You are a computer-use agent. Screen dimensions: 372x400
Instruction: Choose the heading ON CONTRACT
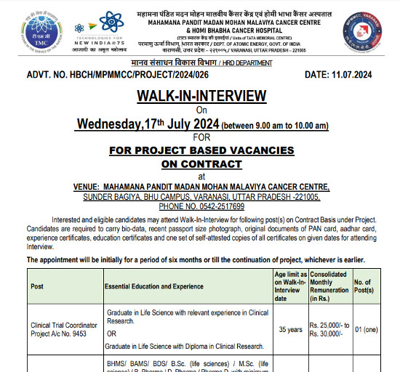tap(201, 163)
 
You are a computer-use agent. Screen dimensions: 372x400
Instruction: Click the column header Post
tap(37, 286)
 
